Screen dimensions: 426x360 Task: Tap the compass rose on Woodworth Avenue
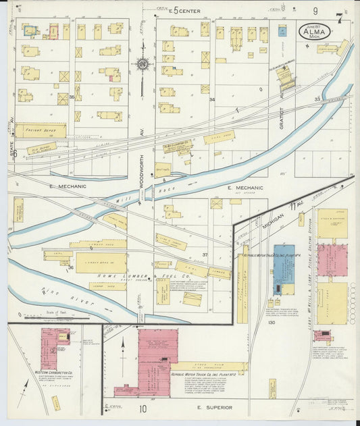coord(142,65)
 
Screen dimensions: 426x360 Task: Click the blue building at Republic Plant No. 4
coord(284,269)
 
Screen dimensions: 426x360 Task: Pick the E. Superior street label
coord(215,408)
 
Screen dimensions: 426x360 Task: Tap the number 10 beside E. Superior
coord(143,408)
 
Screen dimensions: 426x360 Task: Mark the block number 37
coord(205,255)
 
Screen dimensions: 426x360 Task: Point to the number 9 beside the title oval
coord(315,11)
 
